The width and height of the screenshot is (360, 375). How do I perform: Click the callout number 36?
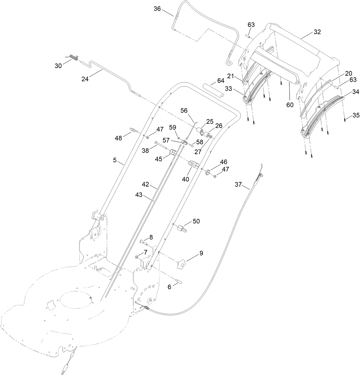click(x=157, y=9)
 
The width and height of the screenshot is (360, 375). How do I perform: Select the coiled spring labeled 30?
click(x=74, y=58)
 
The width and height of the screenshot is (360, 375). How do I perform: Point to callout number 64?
click(x=221, y=81)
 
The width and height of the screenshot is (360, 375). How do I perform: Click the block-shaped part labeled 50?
click(x=181, y=229)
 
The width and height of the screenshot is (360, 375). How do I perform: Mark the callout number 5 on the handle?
click(x=115, y=160)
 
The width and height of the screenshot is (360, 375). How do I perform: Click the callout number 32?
click(x=317, y=32)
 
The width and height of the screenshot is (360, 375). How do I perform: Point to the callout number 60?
click(x=290, y=105)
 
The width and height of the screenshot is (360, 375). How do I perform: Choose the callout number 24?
click(x=85, y=79)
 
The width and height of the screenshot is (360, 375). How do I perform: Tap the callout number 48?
click(x=118, y=138)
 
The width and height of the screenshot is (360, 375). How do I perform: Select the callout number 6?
click(x=169, y=287)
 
